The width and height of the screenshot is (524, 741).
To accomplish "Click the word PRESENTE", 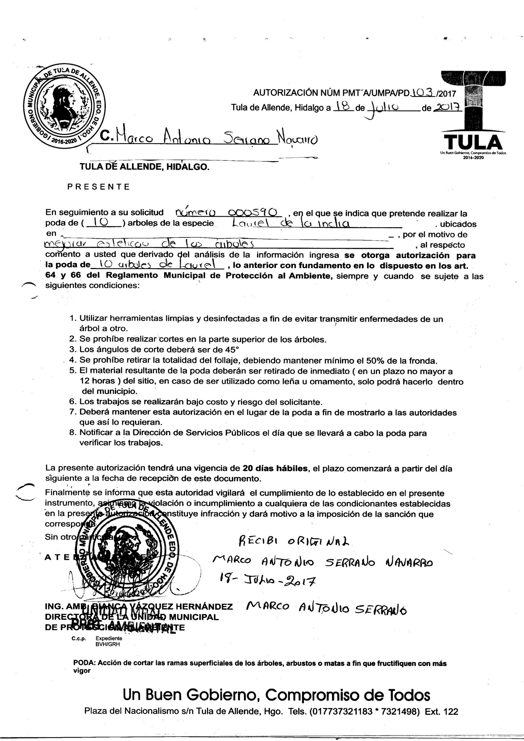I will point(99,187).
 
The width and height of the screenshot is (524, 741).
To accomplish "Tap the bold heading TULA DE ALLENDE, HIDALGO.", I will point(144,167).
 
